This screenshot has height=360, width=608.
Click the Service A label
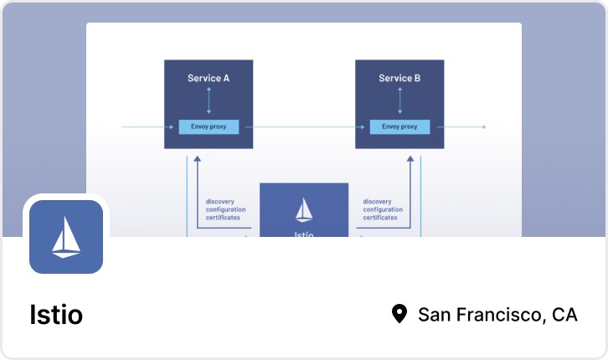click(209, 78)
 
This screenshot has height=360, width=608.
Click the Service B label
click(399, 78)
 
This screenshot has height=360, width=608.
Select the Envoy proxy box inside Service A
click(209, 126)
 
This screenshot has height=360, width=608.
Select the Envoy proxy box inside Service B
click(399, 126)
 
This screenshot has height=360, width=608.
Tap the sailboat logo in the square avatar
click(66, 237)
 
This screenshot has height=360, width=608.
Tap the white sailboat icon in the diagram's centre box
click(304, 209)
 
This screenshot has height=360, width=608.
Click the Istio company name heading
click(56, 315)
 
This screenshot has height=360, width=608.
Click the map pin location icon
click(399, 314)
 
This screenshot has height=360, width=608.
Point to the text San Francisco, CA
click(497, 315)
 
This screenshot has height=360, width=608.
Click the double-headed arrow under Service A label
click(209, 101)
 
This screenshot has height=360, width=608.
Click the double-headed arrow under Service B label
click(399, 101)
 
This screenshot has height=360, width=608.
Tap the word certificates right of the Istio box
click(382, 218)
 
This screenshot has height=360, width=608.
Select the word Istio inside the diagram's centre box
click(304, 234)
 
